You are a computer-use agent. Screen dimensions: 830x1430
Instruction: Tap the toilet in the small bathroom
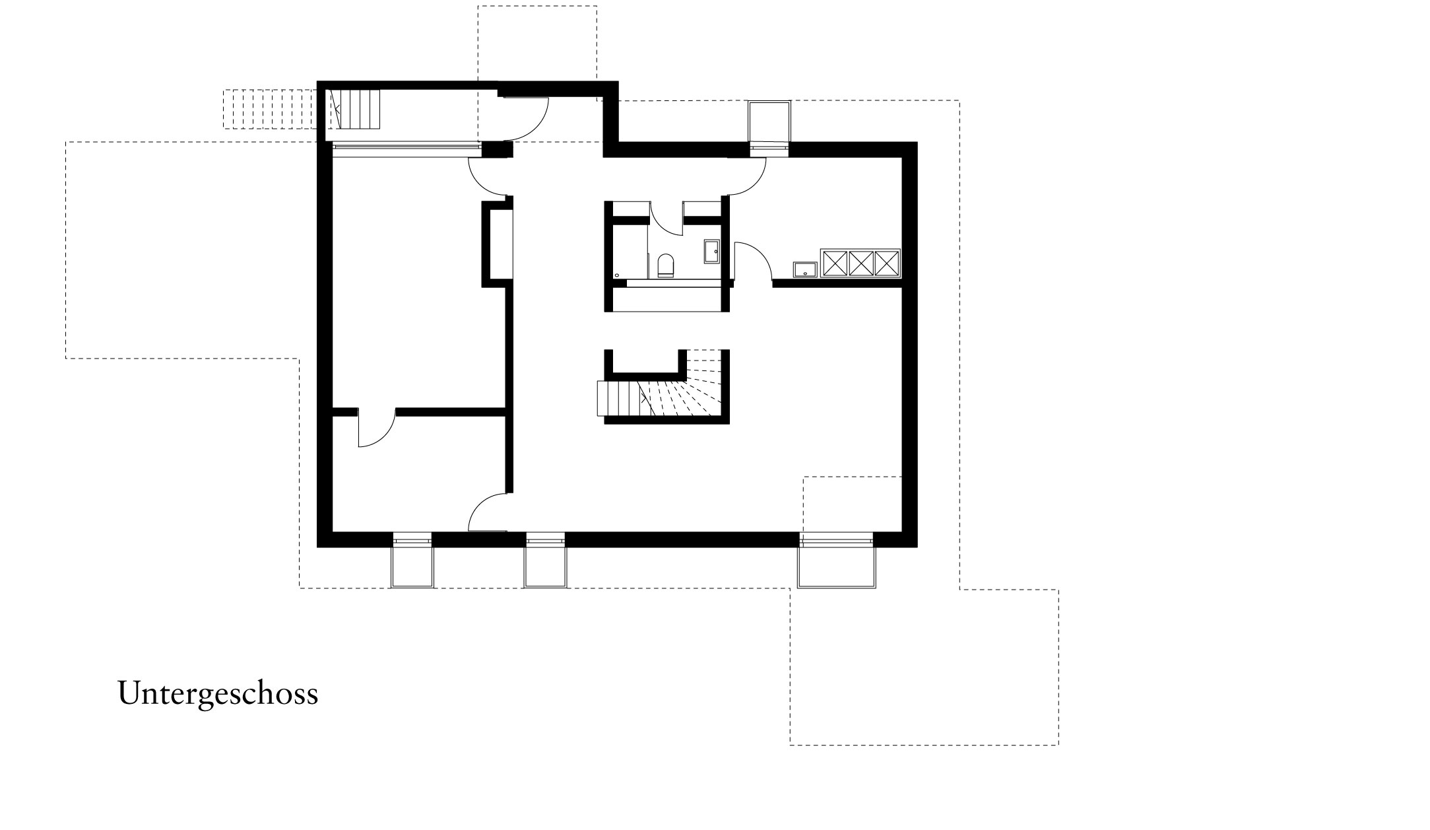pyautogui.click(x=666, y=265)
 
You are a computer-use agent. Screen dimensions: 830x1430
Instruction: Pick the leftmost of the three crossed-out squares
pyautogui.click(x=833, y=263)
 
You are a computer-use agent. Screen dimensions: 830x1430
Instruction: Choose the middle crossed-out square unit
pyautogui.click(x=861, y=263)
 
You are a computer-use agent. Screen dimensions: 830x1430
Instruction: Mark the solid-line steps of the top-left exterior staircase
pyautogui.click(x=360, y=110)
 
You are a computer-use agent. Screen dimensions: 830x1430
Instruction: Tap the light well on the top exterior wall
pyautogui.click(x=769, y=121)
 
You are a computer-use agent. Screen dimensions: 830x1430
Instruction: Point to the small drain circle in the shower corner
pyautogui.click(x=616, y=274)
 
